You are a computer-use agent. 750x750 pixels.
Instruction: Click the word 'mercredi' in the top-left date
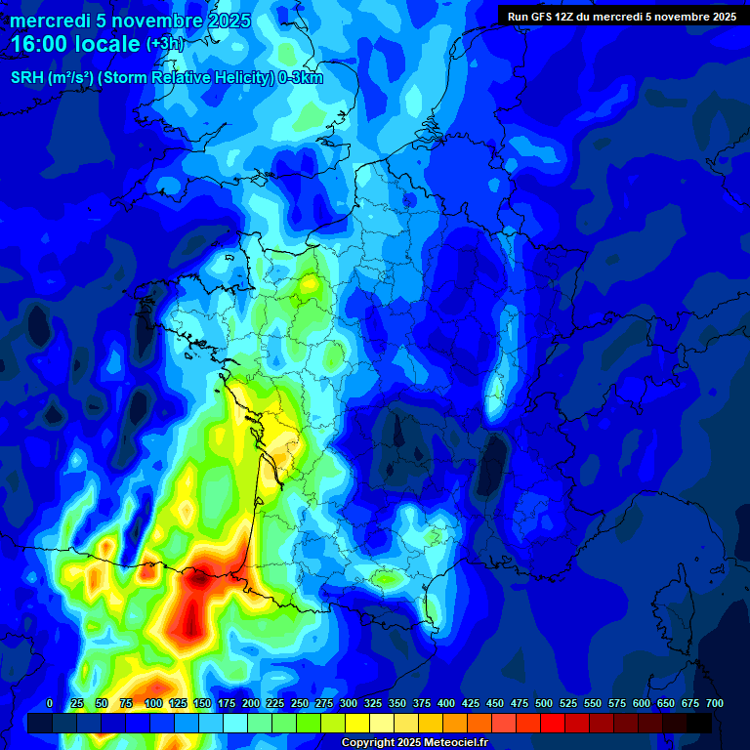[x=50, y=21]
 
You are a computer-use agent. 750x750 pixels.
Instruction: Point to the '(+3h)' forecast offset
[x=165, y=44]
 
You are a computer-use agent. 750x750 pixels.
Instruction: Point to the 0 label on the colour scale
[x=50, y=703]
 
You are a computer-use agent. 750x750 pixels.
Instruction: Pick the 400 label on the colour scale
[x=446, y=703]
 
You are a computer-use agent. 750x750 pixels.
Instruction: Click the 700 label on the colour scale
[x=714, y=703]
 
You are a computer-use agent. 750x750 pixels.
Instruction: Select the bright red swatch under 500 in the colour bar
[x=553, y=723]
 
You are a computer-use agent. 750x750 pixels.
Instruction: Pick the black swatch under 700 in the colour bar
[x=699, y=723]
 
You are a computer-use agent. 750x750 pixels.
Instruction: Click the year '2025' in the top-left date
[x=228, y=21]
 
